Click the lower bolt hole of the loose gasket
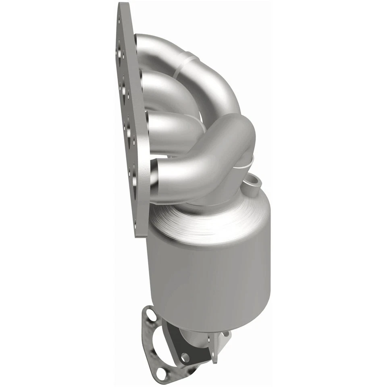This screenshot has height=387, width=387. (161, 373)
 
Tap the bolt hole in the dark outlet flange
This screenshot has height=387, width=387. (185, 357)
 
